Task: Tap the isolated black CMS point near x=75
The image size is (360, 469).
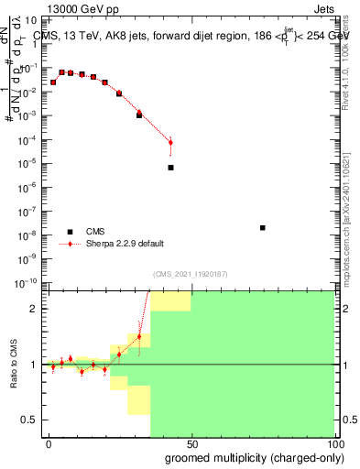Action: tap(263, 228)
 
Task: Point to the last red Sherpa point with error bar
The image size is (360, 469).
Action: tap(170, 142)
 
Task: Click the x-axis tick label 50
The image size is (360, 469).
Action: tap(191, 443)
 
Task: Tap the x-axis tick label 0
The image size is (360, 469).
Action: tap(49, 443)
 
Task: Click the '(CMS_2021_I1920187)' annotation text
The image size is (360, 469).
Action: tap(191, 274)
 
